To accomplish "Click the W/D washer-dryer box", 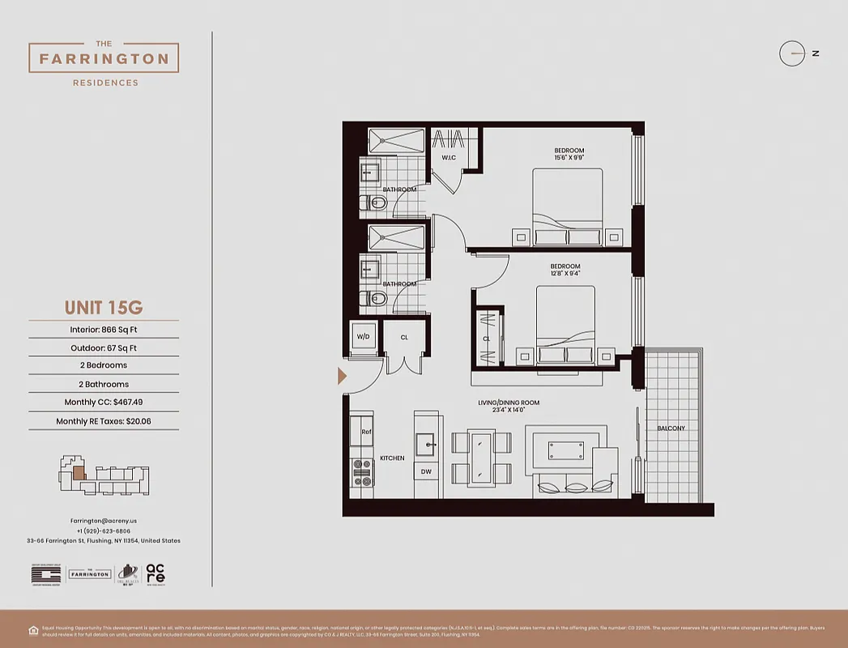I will pos(364,336).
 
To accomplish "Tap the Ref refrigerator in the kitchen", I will pos(363,432).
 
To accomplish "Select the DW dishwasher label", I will pos(426,471).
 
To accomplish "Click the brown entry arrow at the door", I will pos(343,376).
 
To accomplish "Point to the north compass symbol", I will pos(792,53).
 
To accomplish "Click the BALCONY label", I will pos(671,428).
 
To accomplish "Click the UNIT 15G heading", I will pos(104,308).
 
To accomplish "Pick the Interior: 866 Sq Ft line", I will pos(104,330).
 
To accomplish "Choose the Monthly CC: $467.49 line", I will pos(104,402).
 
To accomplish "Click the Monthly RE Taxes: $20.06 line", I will pos(104,421).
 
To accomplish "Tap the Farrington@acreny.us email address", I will pos(104,521).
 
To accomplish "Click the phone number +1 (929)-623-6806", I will pos(104,531).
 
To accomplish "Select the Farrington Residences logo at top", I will pos(104,59).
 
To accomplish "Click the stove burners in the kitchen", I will pos(361,472).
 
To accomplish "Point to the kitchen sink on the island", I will pos(427,444).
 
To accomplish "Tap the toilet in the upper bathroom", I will pos(374,202).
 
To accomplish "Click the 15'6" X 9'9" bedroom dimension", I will pos(569,158).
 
